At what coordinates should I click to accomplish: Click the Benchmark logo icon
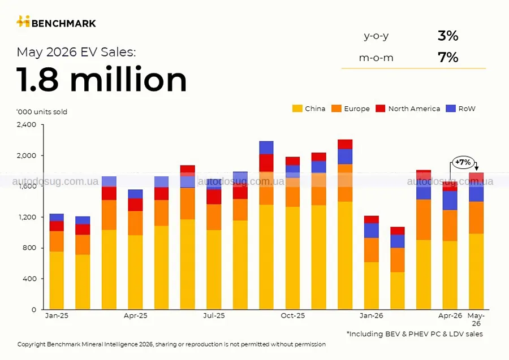pyautogui.click(x=23, y=21)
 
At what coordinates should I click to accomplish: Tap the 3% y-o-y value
pyautogui.click(x=448, y=36)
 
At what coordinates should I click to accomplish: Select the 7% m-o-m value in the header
pyautogui.click(x=448, y=58)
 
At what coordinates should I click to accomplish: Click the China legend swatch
pyautogui.click(x=297, y=109)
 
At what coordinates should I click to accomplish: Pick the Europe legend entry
pyautogui.click(x=351, y=109)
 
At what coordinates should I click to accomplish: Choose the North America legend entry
pyautogui.click(x=408, y=109)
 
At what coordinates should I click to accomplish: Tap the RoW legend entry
pyautogui.click(x=460, y=109)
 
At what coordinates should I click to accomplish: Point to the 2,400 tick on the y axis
pyautogui.click(x=27, y=124)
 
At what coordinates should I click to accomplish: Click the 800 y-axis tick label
pyautogui.click(x=29, y=248)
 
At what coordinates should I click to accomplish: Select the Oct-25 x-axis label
pyautogui.click(x=293, y=315)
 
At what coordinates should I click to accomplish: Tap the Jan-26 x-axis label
pyautogui.click(x=371, y=315)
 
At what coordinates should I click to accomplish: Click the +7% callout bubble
pyautogui.click(x=463, y=162)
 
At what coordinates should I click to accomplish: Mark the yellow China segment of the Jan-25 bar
pyautogui.click(x=57, y=280)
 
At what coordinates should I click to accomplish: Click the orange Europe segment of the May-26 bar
pyautogui.click(x=476, y=218)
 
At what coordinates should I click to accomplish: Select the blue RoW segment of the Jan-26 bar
pyautogui.click(x=372, y=231)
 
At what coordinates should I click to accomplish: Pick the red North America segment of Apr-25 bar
pyautogui.click(x=135, y=205)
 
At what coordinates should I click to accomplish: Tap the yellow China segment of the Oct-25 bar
pyautogui.click(x=293, y=258)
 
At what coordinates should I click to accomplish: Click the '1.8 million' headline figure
pyautogui.click(x=102, y=80)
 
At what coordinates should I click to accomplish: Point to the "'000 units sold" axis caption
pyautogui.click(x=42, y=112)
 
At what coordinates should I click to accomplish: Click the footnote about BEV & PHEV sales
pyautogui.click(x=415, y=334)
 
